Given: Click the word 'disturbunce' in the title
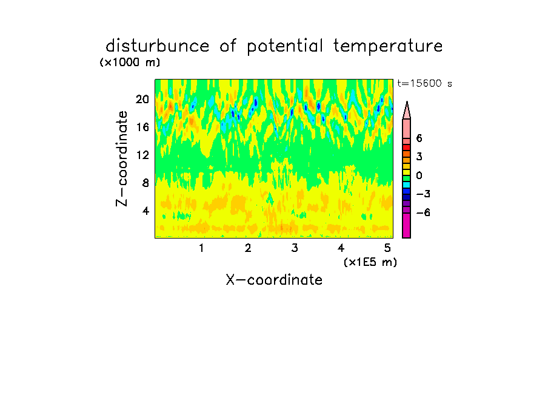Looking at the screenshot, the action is (158, 46).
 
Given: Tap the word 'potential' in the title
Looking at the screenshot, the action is (285, 47).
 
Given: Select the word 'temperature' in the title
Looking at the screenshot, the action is (388, 47).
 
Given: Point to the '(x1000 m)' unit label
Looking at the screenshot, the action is (130, 63).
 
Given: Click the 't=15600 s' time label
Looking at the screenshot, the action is (424, 83).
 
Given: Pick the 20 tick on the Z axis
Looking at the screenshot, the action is (142, 100).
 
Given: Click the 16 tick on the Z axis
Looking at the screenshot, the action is (142, 127).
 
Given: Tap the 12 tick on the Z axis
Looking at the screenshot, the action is (142, 155).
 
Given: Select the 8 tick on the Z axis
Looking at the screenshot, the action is (145, 183).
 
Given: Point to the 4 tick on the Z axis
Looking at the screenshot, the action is (145, 211).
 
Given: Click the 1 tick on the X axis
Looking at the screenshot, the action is (201, 248).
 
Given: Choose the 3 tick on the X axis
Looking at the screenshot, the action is (295, 248).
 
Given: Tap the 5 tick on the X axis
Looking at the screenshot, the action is (387, 248).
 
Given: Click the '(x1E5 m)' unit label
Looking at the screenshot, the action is (370, 262).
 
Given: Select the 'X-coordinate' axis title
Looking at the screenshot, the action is (274, 280).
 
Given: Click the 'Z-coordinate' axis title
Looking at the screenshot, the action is (122, 158).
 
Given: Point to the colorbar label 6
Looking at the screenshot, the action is (419, 138).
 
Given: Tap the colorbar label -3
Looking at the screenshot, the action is (423, 194).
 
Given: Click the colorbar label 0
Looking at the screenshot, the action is (419, 175).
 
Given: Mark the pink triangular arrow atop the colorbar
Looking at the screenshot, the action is (407, 110).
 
